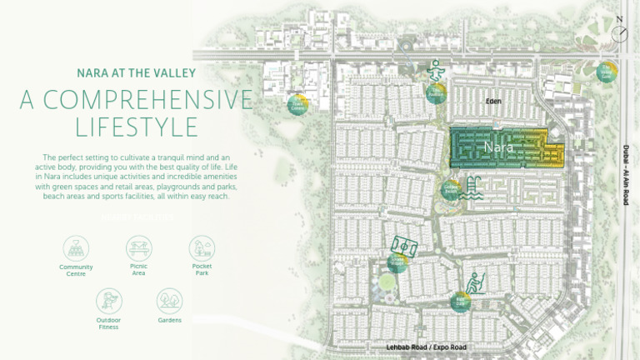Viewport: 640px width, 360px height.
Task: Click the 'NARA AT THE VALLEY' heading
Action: [x=137, y=72]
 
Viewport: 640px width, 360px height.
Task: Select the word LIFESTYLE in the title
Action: [x=137, y=127]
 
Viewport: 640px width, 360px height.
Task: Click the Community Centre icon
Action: [x=76, y=248]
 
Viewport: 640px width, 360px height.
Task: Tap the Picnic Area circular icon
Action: [x=138, y=247]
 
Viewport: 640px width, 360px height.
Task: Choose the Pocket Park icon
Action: [x=202, y=247]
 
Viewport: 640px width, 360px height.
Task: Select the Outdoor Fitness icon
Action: [x=108, y=301]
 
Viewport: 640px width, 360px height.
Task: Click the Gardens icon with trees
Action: [x=170, y=301]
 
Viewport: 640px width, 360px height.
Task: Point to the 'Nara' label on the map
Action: [x=497, y=147]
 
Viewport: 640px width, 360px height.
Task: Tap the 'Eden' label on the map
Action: [x=495, y=100]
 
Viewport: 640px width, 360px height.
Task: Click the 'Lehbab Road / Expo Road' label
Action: [x=427, y=347]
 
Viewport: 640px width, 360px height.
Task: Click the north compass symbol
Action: [x=619, y=32]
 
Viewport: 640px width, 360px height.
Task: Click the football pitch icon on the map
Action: [x=403, y=245]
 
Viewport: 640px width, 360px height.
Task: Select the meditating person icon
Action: [x=436, y=72]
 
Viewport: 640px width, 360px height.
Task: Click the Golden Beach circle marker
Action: [x=451, y=190]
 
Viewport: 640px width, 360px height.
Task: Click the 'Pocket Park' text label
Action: [x=202, y=270]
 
